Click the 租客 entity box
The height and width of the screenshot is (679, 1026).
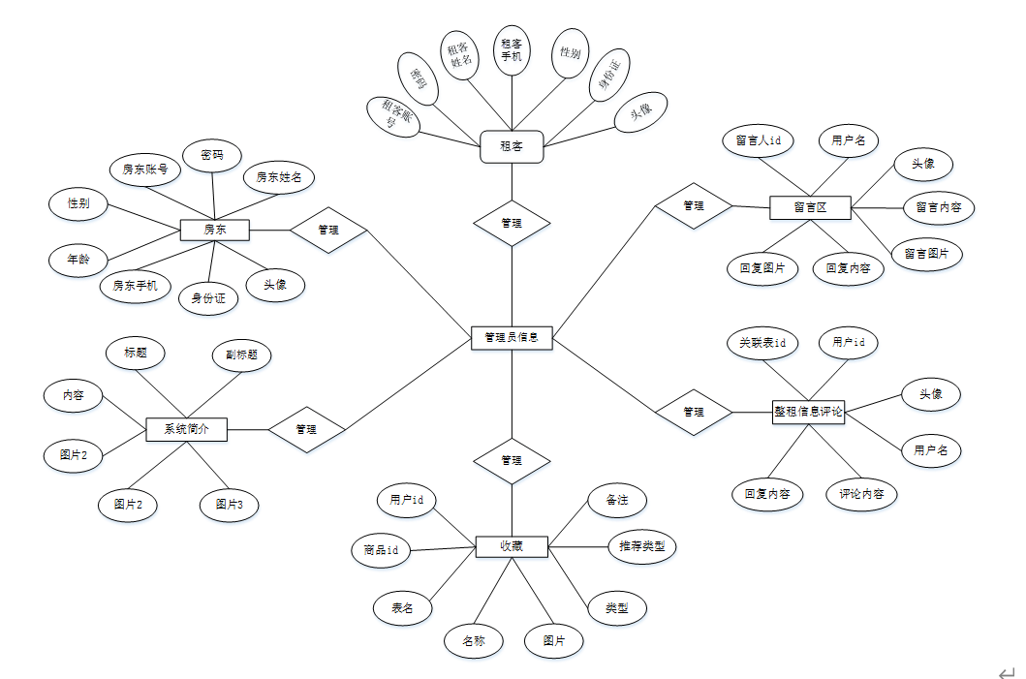pos(512,147)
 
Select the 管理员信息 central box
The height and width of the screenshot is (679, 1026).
pos(512,337)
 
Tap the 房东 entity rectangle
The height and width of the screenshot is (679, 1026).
pos(215,230)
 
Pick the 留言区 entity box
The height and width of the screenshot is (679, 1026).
pos(810,206)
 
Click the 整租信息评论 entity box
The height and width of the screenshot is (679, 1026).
pos(809,412)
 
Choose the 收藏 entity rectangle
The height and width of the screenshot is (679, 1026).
pos(512,546)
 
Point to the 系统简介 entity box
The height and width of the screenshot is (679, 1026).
pos(186,428)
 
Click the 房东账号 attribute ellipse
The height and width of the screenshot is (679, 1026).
pos(145,170)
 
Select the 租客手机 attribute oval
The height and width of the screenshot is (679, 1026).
pos(512,49)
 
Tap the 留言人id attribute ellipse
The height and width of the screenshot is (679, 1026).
pos(759,140)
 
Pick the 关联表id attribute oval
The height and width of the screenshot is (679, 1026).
pos(762,343)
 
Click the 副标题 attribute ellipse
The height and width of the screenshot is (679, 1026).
pos(241,355)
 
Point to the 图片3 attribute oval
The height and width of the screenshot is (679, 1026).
pos(230,505)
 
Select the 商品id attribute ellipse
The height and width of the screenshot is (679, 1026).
pos(381,550)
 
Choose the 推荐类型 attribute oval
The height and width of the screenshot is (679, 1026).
pos(641,546)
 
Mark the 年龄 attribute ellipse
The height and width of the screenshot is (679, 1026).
pos(78,260)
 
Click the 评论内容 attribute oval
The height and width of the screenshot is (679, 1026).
pos(861,494)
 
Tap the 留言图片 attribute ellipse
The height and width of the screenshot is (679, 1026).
pos(926,254)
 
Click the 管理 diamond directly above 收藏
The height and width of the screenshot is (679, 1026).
pos(512,460)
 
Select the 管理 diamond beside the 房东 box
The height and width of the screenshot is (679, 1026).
pos(328,230)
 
